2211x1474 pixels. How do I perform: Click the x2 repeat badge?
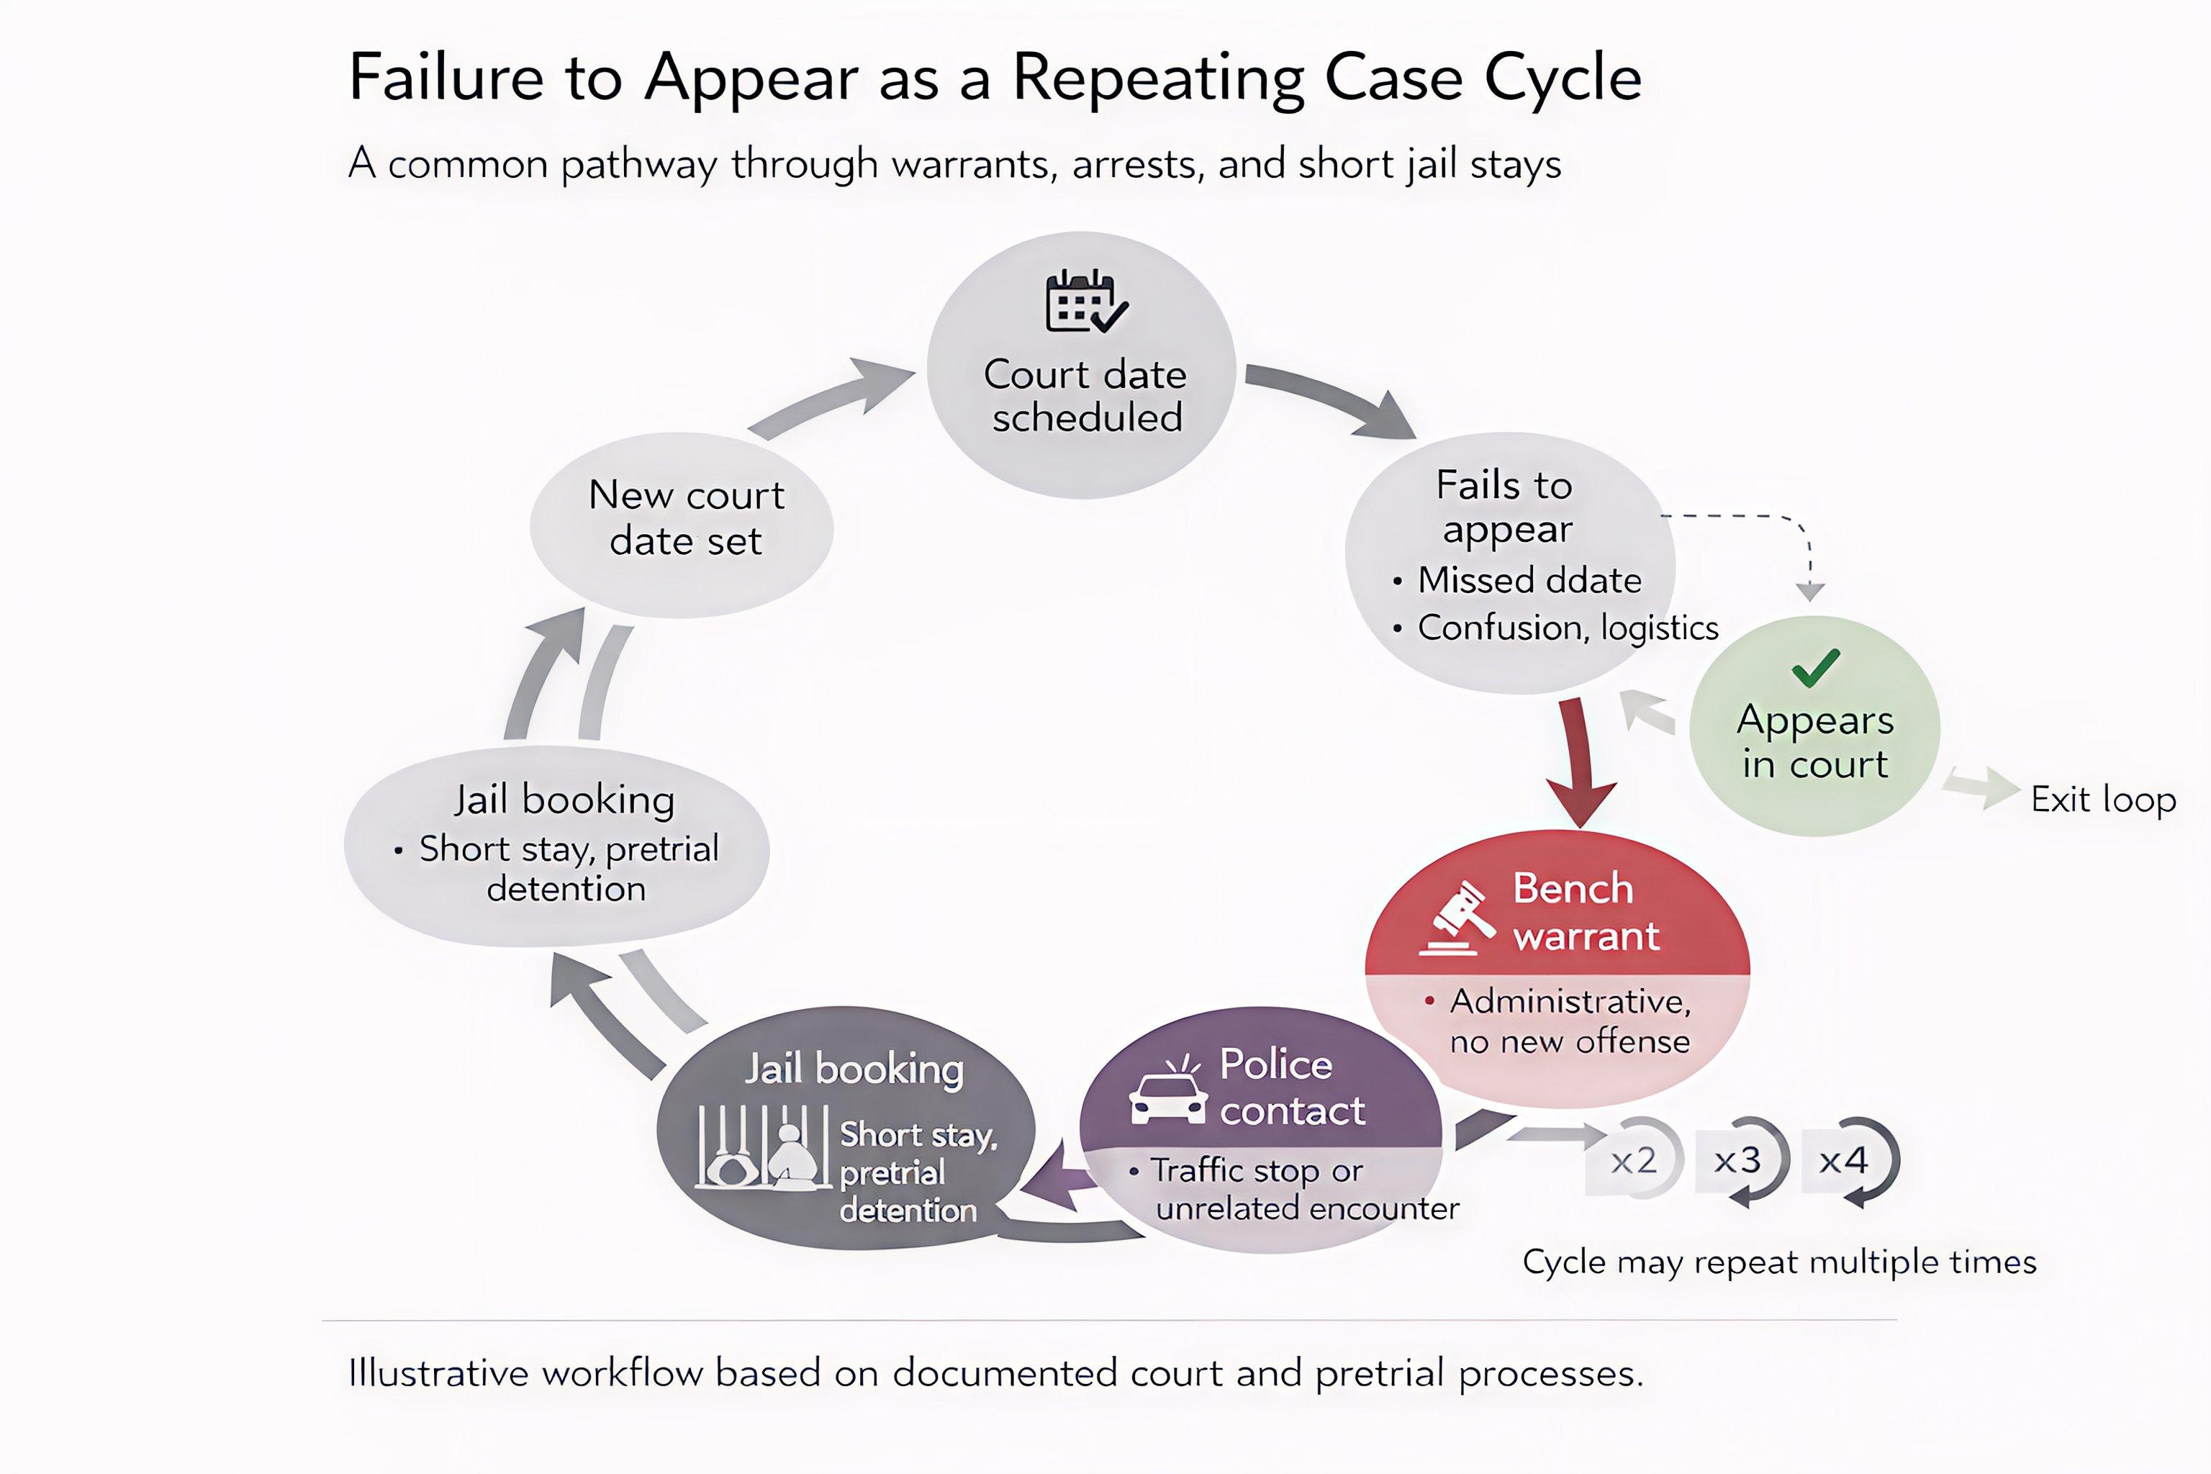(1633, 1161)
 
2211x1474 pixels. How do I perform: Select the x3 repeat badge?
(1737, 1161)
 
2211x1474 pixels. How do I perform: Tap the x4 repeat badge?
(1843, 1161)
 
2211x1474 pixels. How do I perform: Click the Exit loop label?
(2103, 800)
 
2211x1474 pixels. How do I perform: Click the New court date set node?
(684, 519)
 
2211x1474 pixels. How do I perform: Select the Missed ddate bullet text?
(1529, 580)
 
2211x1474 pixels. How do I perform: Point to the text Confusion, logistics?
(1567, 627)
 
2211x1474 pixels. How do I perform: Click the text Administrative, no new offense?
(1569, 1021)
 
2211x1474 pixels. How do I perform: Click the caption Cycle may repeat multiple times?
(1778, 1262)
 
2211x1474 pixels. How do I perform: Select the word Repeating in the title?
(1158, 79)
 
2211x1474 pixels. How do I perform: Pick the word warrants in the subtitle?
(973, 165)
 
